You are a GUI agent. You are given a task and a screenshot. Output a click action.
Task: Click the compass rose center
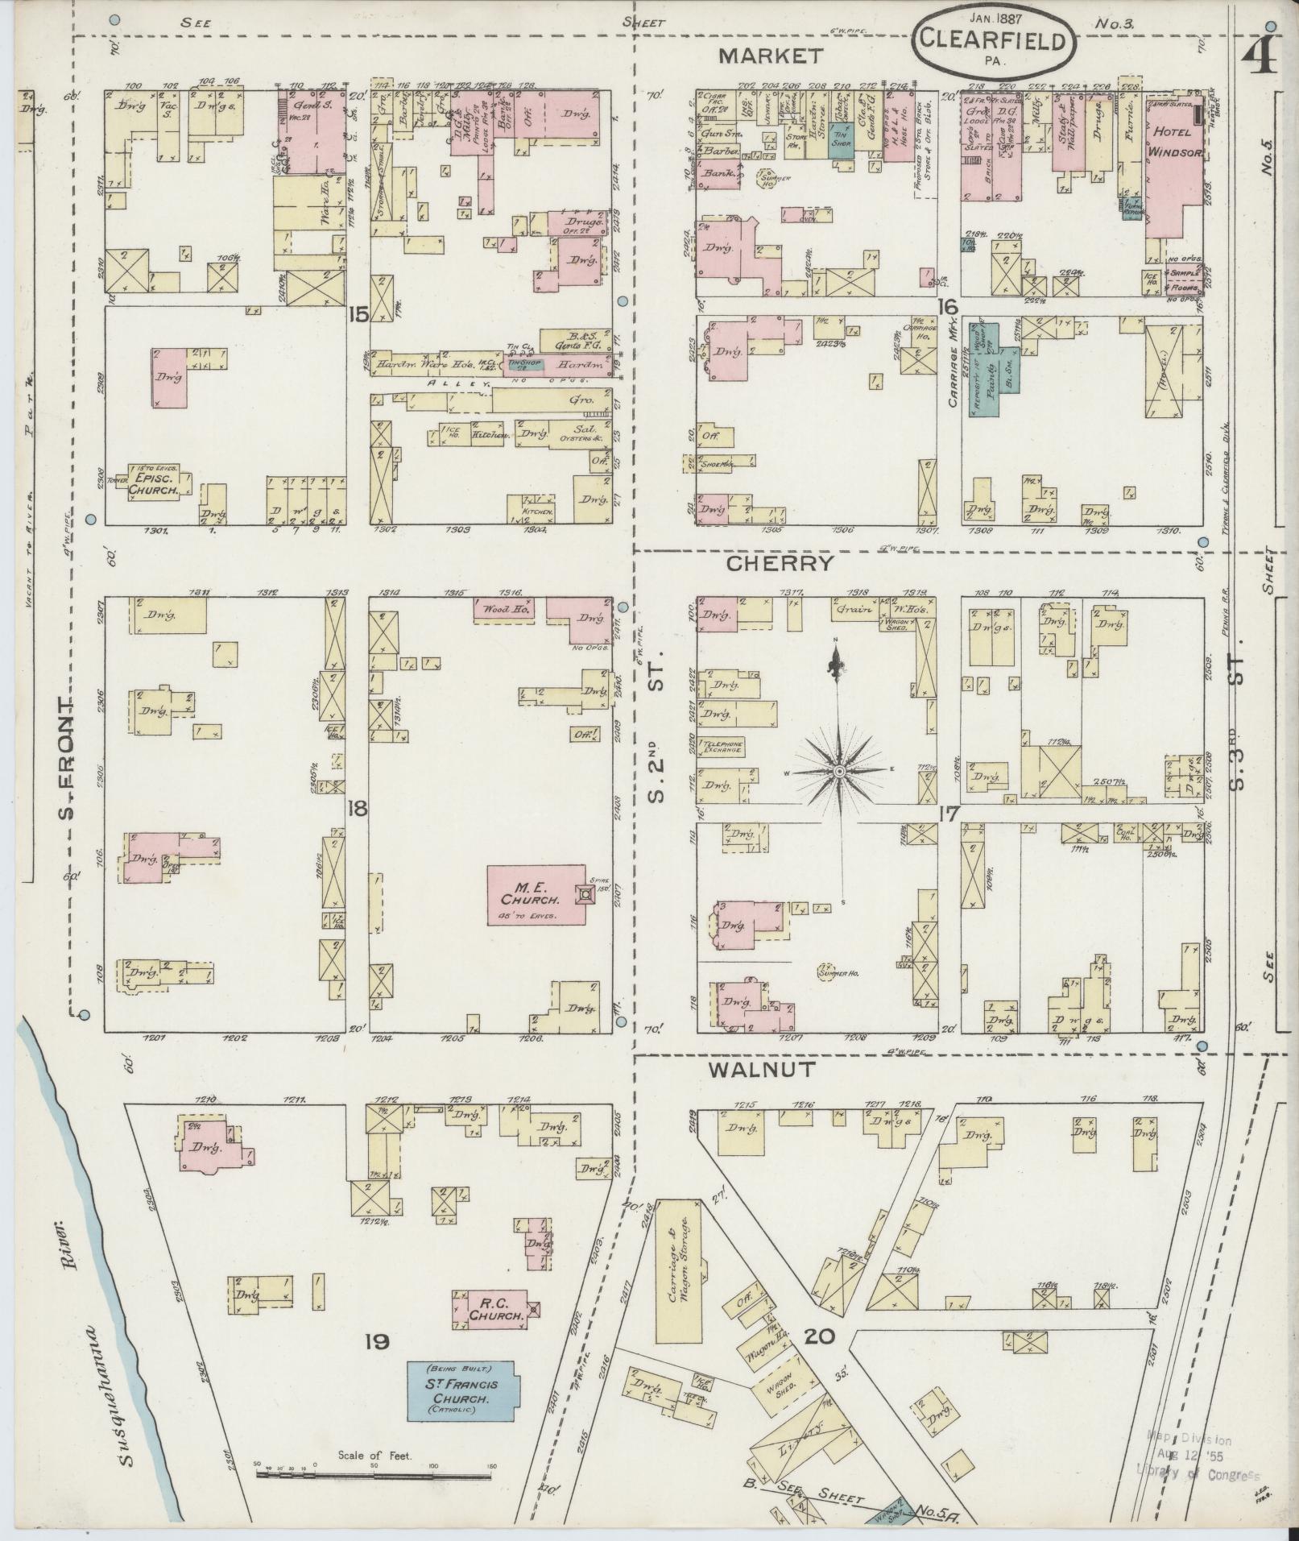(x=839, y=772)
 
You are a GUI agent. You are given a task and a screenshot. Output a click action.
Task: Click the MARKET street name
(x=771, y=56)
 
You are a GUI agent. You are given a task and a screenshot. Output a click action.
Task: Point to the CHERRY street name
(x=779, y=564)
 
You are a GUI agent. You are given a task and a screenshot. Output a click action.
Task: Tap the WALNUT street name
(x=762, y=1071)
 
